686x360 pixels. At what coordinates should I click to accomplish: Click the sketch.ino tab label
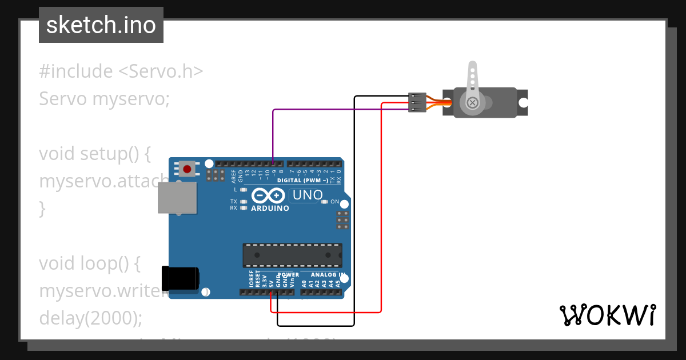click(x=101, y=25)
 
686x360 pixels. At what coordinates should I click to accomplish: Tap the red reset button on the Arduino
click(x=186, y=169)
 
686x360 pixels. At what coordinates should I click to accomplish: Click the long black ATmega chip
click(x=292, y=255)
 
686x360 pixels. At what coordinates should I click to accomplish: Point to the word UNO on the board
click(x=306, y=195)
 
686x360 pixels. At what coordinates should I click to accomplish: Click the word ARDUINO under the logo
click(x=270, y=209)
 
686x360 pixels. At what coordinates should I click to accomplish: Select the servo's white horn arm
click(x=472, y=80)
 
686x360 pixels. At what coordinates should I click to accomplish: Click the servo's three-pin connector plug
click(x=417, y=102)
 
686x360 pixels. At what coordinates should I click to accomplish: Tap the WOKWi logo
click(x=607, y=315)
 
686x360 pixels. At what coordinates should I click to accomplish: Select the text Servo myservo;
click(x=105, y=99)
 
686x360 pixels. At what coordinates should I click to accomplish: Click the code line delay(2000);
click(x=90, y=318)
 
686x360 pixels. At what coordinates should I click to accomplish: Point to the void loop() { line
click(x=89, y=263)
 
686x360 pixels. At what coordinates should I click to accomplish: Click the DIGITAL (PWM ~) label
click(x=302, y=180)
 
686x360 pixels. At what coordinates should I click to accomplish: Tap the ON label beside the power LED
click(x=335, y=202)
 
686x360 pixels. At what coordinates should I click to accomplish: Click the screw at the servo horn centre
click(x=472, y=103)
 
